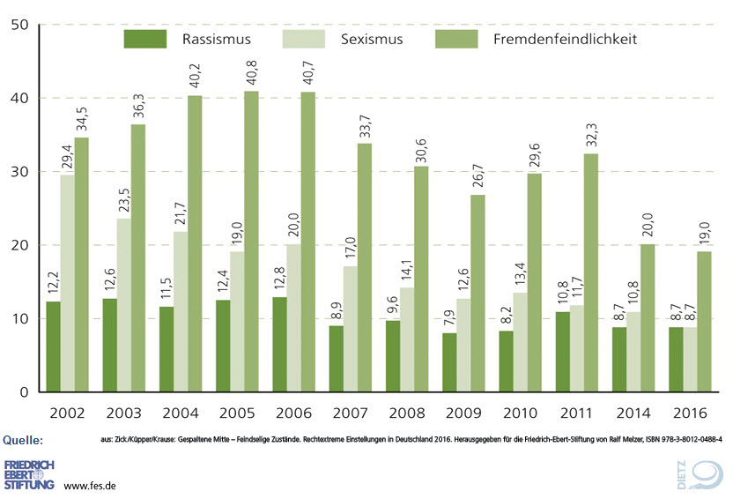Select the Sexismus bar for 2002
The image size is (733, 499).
(67, 283)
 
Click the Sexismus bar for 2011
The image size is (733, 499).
(576, 348)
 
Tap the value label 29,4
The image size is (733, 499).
(67, 156)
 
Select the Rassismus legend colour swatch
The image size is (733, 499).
(145, 39)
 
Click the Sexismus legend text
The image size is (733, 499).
(371, 39)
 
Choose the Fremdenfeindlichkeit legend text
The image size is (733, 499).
(563, 39)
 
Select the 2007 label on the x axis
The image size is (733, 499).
(350, 412)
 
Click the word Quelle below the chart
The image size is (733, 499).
(24, 439)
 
